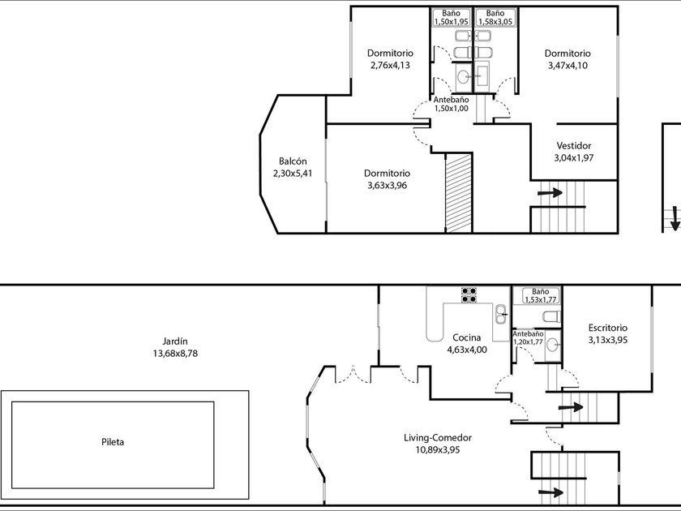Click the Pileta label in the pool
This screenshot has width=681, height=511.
point(113,442)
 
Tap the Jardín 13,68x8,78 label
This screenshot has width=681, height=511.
point(175,347)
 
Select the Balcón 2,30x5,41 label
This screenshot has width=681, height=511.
point(293,167)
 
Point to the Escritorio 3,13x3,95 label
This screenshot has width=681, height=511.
point(607,333)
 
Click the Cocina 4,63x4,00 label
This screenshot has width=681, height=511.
point(467,343)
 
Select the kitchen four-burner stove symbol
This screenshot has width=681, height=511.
point(469,294)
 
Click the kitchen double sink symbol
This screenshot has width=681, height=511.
point(501,314)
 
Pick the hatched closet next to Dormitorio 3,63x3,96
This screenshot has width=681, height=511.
point(459,193)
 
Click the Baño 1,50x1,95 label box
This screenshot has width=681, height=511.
point(452,17)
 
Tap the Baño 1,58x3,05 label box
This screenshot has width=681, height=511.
point(495,17)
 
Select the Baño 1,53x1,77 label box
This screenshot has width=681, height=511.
point(540,295)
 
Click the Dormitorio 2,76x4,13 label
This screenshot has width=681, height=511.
point(390,59)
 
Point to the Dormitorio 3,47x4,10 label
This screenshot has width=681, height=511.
point(567,59)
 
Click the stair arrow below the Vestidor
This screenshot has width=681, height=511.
point(550,192)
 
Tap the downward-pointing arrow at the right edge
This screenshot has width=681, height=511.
point(675,218)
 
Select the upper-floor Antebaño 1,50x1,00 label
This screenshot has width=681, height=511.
point(452,104)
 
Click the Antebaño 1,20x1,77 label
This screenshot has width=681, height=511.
point(528,337)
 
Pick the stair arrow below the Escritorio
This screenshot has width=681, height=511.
point(570,407)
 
